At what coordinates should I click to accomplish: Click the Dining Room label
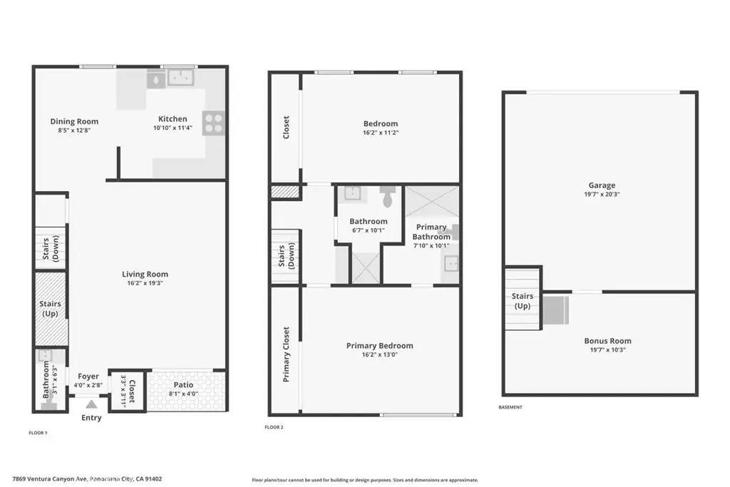(74, 121)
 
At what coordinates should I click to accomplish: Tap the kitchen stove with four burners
(214, 123)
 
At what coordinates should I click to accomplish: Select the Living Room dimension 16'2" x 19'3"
(145, 283)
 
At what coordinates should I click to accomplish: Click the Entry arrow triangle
(91, 404)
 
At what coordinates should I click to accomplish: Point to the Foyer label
(88, 376)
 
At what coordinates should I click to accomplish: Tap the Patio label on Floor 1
(183, 385)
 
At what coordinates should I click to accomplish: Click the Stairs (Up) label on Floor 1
(50, 308)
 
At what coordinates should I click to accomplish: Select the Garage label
(602, 185)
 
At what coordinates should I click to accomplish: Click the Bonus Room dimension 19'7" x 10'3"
(608, 349)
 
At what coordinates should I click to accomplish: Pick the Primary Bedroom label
(379, 345)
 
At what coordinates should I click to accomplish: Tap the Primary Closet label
(286, 354)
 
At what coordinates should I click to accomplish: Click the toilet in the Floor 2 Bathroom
(387, 196)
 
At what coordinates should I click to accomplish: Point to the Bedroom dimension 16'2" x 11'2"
(381, 132)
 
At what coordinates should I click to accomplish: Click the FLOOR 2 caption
(274, 427)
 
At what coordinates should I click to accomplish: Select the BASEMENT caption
(510, 407)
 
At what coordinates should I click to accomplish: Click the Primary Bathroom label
(431, 232)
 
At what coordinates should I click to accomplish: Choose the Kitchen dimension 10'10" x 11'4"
(173, 128)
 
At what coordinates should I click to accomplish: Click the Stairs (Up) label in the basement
(523, 301)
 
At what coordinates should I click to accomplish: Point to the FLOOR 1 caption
(38, 433)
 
